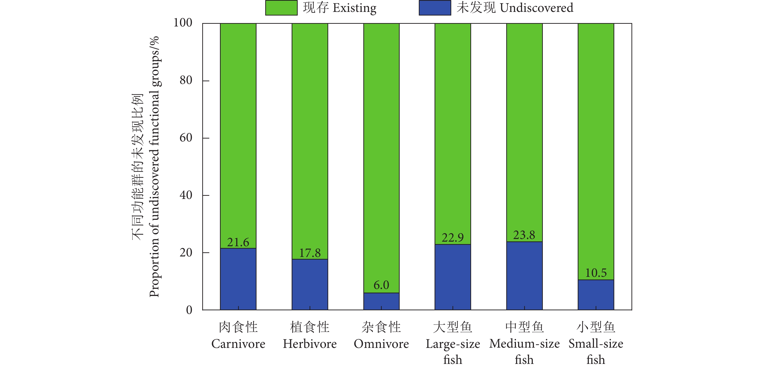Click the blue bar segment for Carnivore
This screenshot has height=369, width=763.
(238, 279)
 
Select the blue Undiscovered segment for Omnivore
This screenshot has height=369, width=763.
(381, 301)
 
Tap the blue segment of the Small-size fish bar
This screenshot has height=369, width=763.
(596, 295)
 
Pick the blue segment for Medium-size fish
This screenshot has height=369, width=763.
(524, 276)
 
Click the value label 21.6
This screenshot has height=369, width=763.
(238, 242)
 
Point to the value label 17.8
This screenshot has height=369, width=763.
(310, 253)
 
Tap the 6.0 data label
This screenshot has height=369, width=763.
(381, 285)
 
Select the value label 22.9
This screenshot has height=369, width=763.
(452, 238)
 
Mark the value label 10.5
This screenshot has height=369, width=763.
(596, 273)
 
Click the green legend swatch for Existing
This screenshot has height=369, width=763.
(281, 8)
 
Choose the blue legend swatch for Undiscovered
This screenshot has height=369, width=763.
(435, 8)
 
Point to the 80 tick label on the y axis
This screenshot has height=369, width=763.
(186, 80)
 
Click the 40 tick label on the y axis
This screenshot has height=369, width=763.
(186, 195)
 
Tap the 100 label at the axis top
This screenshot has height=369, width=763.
(183, 23)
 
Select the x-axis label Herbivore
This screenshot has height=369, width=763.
(310, 344)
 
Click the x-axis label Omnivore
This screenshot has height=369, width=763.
(381, 344)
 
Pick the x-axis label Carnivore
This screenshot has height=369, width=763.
(238, 344)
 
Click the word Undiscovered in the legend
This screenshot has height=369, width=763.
(537, 8)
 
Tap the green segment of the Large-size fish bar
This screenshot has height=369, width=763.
(452, 133)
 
